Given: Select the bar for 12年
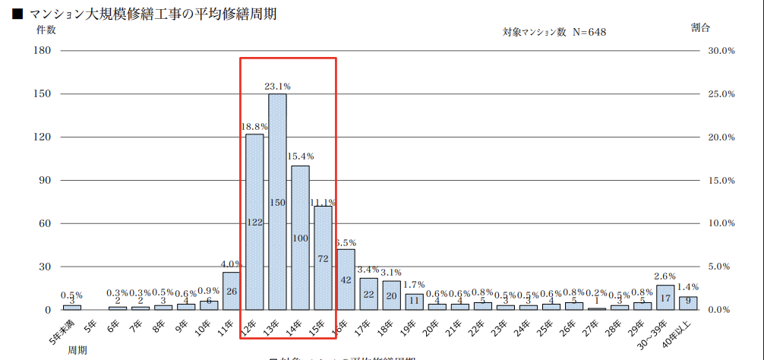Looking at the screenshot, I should [x=254, y=222].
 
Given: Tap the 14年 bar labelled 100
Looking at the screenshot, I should [x=300, y=237].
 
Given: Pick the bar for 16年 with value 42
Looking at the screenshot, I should [x=346, y=279].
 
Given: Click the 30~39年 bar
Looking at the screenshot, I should [x=665, y=298].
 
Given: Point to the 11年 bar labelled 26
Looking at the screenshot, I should [x=232, y=291].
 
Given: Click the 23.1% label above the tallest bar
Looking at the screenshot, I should [x=277, y=86].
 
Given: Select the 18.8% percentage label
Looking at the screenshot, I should [x=254, y=127].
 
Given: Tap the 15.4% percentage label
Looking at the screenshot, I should [x=300, y=156].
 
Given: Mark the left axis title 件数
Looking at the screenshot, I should [x=46, y=30].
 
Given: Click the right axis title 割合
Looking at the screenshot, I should [x=700, y=27].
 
